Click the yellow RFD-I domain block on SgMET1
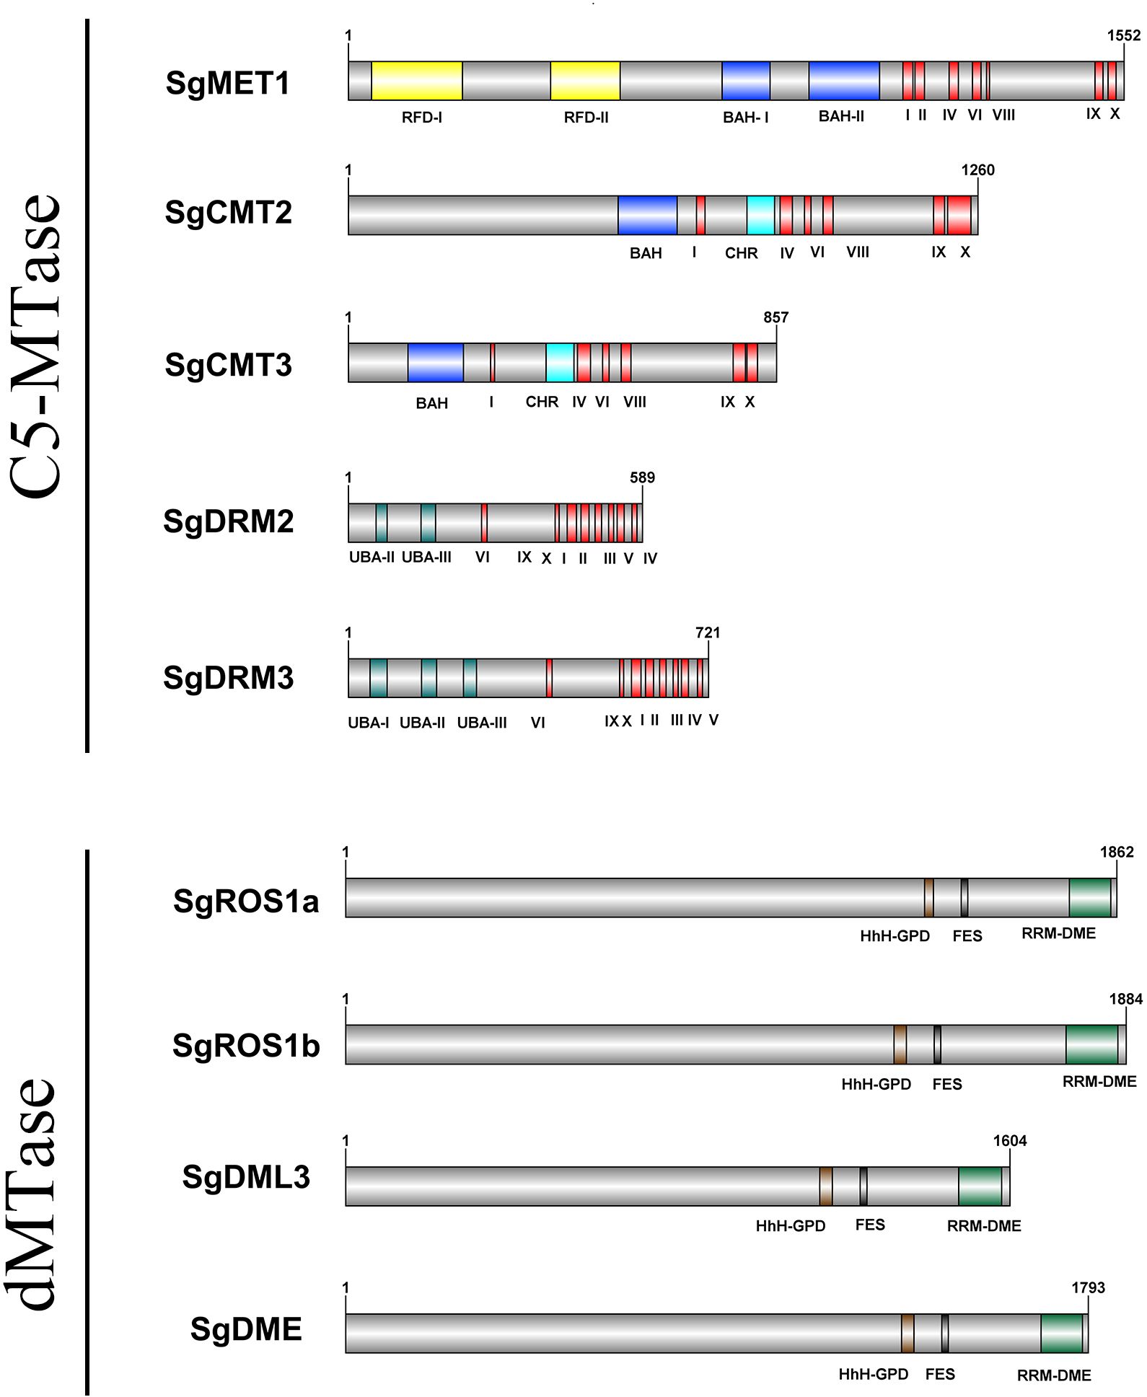click(416, 81)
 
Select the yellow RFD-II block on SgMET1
click(585, 81)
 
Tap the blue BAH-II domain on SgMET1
click(843, 81)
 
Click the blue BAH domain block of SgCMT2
click(647, 215)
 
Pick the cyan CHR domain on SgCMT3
click(560, 363)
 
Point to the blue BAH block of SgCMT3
click(435, 363)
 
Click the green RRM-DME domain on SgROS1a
click(1089, 898)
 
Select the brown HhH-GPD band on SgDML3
click(826, 1186)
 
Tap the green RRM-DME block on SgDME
click(1061, 1334)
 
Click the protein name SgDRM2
click(229, 521)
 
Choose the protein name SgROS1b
click(246, 1046)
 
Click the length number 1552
click(1124, 35)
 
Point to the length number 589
click(642, 477)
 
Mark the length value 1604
click(1010, 1141)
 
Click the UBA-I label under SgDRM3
click(368, 723)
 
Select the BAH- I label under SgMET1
click(746, 117)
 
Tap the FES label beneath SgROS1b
click(946, 1084)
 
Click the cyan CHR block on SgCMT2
click(760, 215)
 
